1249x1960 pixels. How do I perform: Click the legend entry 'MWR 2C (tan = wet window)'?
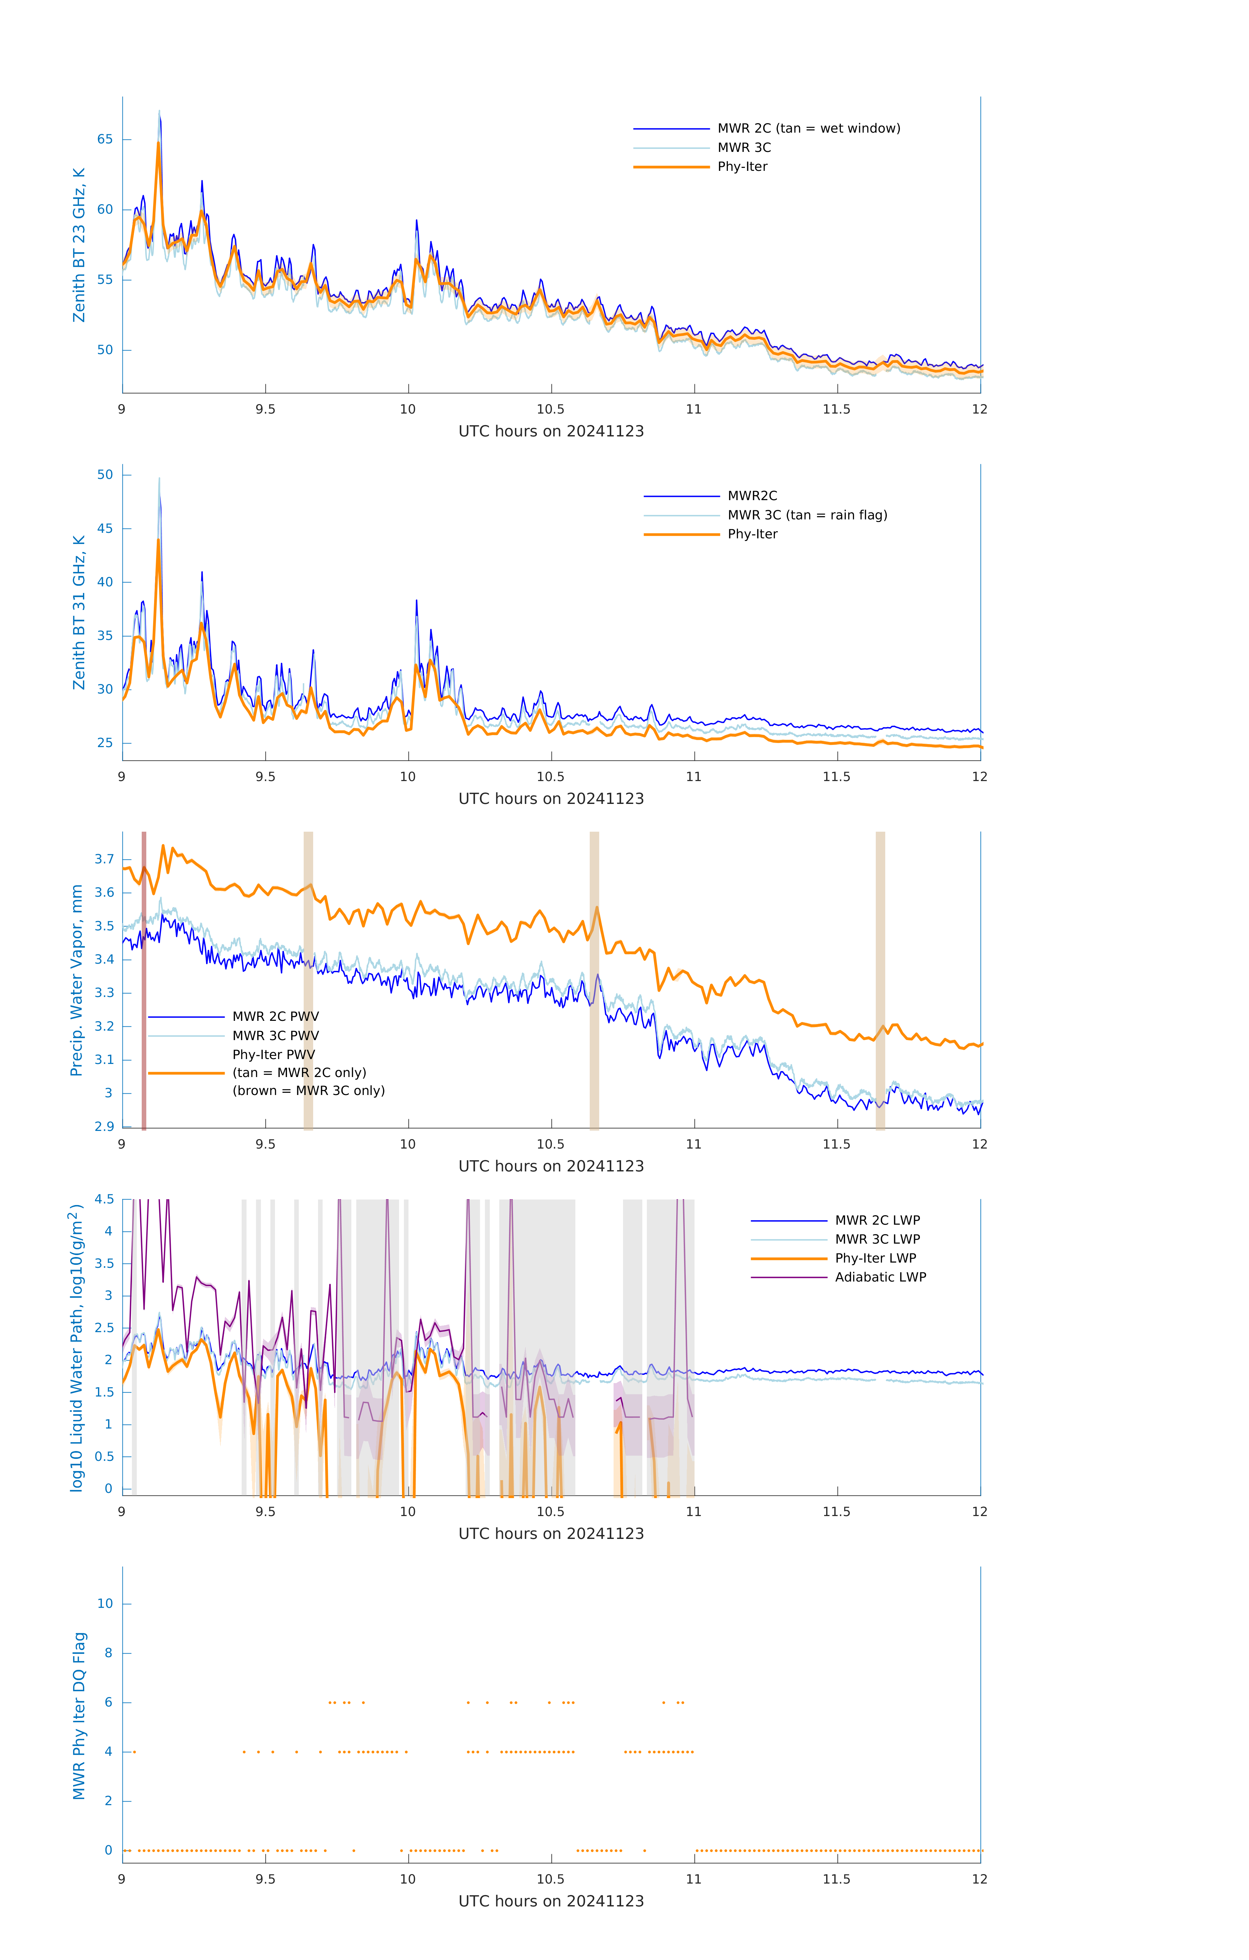click(x=808, y=129)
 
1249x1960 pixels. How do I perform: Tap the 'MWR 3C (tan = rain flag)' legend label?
click(x=806, y=515)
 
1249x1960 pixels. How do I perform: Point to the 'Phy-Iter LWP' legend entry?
click(x=875, y=1258)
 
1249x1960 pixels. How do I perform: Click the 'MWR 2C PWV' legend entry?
click(x=275, y=1017)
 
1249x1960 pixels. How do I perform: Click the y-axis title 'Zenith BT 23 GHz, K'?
click(x=79, y=245)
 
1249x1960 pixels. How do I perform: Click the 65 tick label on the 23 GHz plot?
click(x=105, y=139)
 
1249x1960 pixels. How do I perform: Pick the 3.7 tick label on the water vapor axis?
click(x=104, y=859)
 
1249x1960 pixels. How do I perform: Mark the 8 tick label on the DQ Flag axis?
click(x=108, y=1653)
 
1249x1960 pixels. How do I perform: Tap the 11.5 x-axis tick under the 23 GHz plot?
click(x=837, y=409)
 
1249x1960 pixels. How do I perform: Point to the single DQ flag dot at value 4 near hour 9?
click(x=134, y=1752)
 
